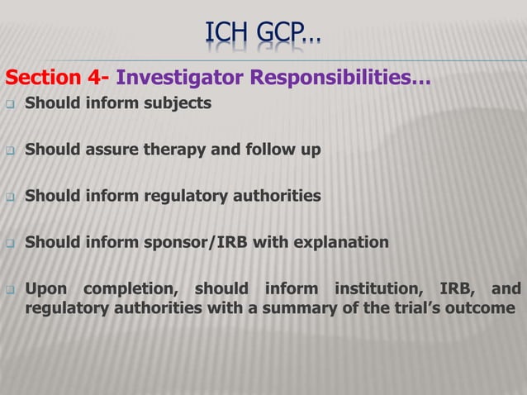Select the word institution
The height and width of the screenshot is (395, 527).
click(377, 289)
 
